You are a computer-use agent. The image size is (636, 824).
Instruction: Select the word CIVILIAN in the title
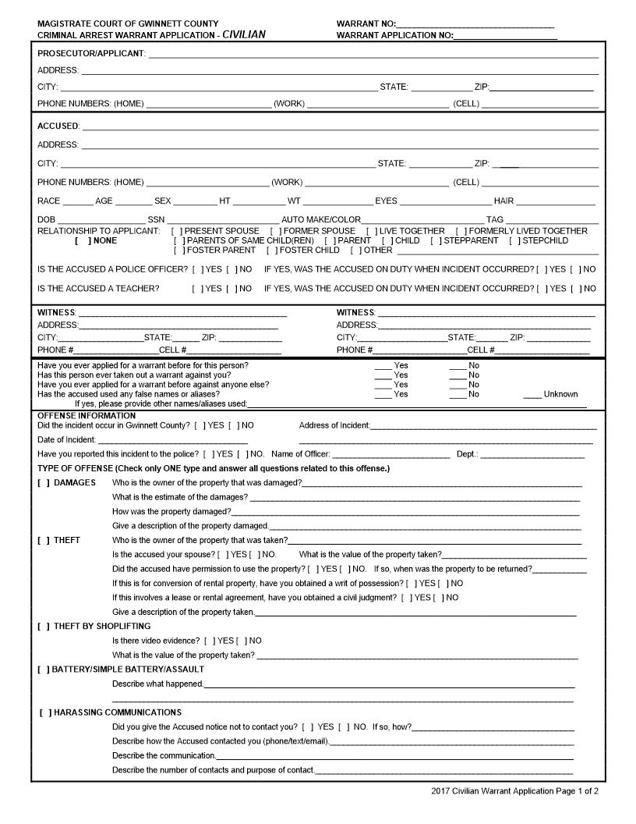tap(244, 35)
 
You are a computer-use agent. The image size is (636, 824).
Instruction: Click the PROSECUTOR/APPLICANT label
tap(91, 54)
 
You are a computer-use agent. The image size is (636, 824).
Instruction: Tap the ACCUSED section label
tap(58, 126)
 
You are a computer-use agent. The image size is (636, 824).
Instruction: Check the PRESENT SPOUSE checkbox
tap(177, 232)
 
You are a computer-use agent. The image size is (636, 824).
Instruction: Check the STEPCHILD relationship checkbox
tap(514, 241)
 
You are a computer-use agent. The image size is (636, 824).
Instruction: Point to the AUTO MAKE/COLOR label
tap(321, 220)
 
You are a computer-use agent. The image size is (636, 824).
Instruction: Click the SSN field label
tap(156, 220)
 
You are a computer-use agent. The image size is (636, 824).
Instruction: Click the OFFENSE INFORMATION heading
tap(87, 416)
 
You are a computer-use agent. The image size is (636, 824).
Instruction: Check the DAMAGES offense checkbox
tap(44, 483)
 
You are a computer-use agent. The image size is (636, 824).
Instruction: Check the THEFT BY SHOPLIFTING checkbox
tap(44, 627)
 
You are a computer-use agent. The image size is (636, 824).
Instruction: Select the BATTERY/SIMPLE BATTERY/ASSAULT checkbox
tap(44, 669)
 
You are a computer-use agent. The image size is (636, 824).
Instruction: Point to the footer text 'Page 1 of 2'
tap(577, 791)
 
